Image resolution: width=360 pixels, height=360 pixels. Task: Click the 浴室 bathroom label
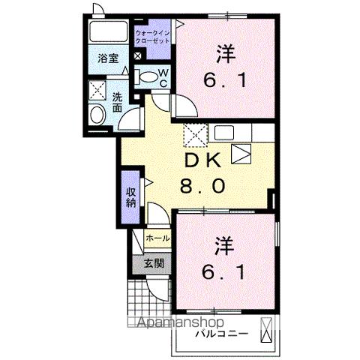click(105, 58)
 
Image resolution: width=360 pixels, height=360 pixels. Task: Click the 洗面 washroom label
click(118, 101)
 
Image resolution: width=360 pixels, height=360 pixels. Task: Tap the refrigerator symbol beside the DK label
click(240, 155)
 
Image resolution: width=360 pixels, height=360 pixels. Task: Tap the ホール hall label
click(157, 238)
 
